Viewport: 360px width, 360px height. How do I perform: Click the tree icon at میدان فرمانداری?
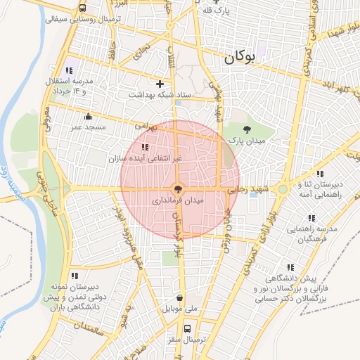178,188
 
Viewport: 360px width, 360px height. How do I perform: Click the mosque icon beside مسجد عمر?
87,117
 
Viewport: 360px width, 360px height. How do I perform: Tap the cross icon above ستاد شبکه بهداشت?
160,84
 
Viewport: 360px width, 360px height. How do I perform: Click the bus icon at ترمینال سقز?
186,328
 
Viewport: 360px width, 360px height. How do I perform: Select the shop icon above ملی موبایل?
181,297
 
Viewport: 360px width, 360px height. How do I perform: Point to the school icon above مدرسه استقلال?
69,70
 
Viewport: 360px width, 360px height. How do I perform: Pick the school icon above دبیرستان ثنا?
320,173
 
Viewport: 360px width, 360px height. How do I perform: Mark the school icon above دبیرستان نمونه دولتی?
75,276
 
